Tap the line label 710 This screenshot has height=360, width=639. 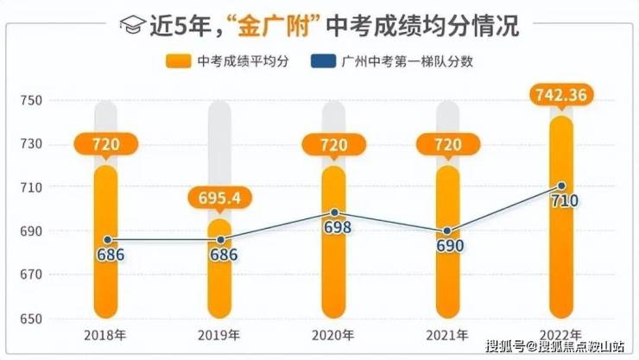[561, 202]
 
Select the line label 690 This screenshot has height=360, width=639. [450, 246]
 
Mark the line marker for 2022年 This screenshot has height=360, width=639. [561, 186]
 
